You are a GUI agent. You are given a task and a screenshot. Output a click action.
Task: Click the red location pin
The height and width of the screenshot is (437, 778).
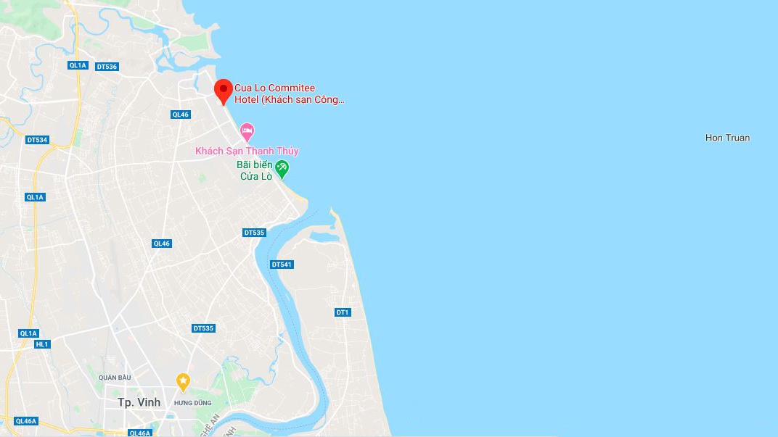(224, 91)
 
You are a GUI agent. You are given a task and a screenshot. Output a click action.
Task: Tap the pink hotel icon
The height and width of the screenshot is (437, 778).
(247, 132)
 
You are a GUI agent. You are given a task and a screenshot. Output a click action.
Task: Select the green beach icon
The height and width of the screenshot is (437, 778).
(282, 169)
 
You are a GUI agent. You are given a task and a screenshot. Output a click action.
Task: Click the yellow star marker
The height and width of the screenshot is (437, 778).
(183, 380)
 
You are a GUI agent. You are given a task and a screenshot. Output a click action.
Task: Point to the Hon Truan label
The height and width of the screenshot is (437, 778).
(727, 138)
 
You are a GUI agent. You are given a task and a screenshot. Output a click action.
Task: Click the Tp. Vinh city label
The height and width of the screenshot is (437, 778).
(139, 402)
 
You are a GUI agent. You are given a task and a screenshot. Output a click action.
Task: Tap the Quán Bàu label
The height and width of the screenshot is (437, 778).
(114, 377)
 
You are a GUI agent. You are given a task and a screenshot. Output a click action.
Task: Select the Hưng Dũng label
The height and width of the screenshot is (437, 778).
(192, 403)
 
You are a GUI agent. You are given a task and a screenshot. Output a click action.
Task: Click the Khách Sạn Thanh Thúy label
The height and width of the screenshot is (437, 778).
(247, 151)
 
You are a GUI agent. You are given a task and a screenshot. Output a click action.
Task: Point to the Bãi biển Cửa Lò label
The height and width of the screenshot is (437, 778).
(255, 170)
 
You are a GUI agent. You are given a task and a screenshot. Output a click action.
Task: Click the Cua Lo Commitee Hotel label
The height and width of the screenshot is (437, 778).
(289, 94)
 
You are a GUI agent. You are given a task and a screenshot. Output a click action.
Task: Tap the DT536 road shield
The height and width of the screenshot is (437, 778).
(106, 67)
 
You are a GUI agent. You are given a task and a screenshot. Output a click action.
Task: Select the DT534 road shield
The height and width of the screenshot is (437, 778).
(36, 140)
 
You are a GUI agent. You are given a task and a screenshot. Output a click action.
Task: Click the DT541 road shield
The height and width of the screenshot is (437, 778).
(282, 265)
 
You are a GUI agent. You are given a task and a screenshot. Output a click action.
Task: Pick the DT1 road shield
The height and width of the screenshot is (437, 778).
(343, 312)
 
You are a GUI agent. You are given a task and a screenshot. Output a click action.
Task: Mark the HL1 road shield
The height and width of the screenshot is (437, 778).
(42, 344)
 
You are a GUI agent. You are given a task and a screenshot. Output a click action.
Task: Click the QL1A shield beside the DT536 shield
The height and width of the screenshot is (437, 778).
(78, 65)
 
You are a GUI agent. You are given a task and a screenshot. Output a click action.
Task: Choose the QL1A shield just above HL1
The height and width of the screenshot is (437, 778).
(28, 333)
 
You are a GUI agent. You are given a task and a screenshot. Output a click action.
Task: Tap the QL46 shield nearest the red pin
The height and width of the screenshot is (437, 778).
(180, 115)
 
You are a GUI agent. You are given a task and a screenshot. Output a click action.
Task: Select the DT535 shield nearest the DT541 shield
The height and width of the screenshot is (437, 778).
(254, 233)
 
